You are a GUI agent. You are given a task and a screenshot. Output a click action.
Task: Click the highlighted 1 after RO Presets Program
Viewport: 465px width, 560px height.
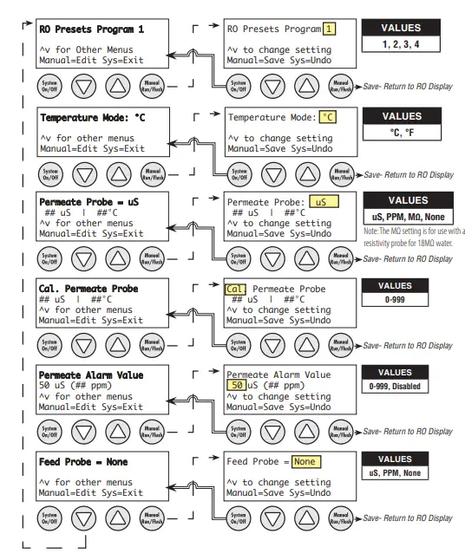coord(330,29)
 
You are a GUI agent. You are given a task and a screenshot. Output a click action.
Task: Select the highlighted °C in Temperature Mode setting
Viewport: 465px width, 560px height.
coord(328,116)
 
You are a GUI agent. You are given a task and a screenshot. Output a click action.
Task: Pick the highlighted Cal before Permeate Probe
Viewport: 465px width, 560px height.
coord(236,289)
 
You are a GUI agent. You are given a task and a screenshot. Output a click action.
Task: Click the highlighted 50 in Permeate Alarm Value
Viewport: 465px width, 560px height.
coord(235,386)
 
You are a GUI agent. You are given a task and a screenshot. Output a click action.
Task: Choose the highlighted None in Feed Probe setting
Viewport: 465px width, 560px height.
coord(305,462)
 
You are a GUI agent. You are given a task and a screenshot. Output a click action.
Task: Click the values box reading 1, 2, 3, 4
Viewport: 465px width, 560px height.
coord(402,43)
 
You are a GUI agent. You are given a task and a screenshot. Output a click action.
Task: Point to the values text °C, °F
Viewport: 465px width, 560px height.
coord(402,133)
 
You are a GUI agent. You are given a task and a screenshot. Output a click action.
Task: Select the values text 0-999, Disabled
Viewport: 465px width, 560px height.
coord(402,386)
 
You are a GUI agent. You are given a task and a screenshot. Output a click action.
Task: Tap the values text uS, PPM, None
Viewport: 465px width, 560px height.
coord(402,473)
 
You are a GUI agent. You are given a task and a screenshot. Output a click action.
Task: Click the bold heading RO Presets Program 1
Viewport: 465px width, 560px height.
coord(91,29)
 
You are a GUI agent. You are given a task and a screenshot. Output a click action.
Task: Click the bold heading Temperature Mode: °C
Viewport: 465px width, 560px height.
coord(91,115)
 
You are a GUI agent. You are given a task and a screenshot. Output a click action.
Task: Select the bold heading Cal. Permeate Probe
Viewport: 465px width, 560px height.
coord(88,289)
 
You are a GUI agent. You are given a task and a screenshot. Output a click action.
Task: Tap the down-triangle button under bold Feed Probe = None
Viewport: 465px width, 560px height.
coord(82,518)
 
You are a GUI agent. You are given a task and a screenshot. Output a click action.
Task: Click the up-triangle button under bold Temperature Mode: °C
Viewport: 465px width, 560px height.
coord(117,172)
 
